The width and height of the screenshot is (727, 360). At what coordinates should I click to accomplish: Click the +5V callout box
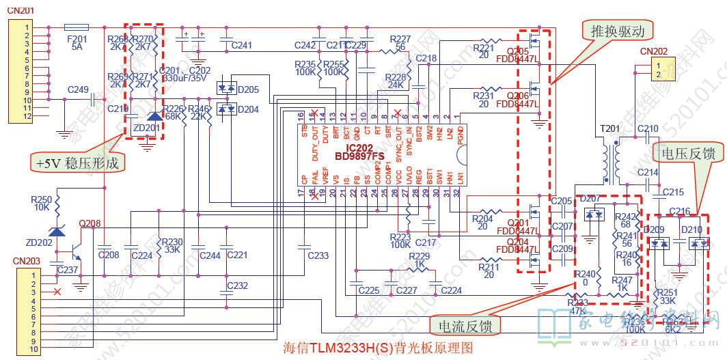click(78, 163)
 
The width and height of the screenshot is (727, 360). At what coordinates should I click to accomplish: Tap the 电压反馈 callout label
click(684, 154)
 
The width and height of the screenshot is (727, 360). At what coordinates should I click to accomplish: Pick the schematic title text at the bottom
click(377, 347)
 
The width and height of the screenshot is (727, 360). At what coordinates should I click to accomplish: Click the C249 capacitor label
click(78, 89)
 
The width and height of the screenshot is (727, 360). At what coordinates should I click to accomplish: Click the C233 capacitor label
click(318, 255)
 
